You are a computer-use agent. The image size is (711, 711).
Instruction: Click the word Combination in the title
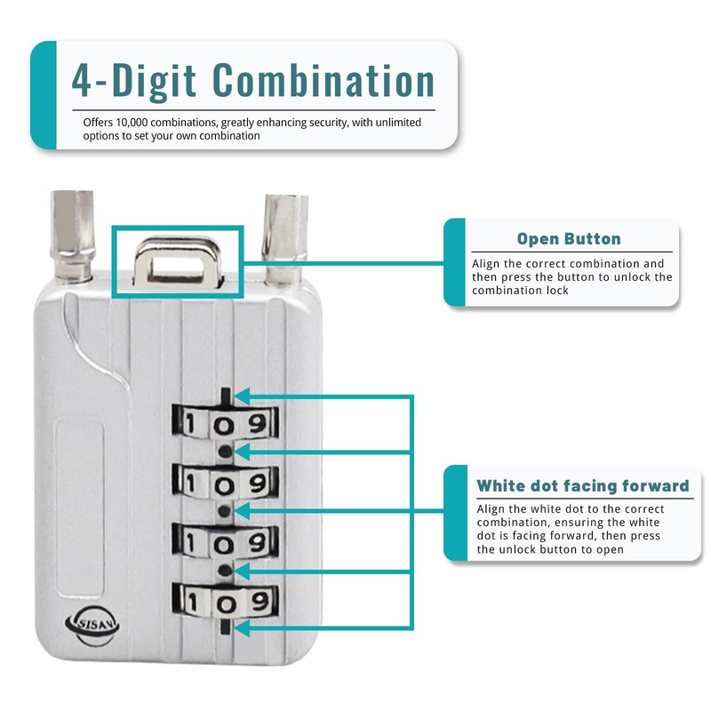tap(324, 80)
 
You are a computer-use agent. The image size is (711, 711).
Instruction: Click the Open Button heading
tap(569, 239)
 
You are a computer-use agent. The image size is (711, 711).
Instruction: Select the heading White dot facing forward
tap(583, 485)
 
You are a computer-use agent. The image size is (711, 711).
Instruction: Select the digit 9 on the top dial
tap(258, 422)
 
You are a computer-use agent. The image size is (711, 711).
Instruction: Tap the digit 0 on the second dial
tap(228, 483)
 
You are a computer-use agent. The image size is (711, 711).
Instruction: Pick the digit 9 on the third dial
tap(258, 541)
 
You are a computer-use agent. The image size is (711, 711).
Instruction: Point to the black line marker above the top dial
tap(228, 395)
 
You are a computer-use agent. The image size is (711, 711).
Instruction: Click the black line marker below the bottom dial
tap(228, 628)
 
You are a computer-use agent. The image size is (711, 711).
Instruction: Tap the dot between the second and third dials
tap(228, 511)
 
